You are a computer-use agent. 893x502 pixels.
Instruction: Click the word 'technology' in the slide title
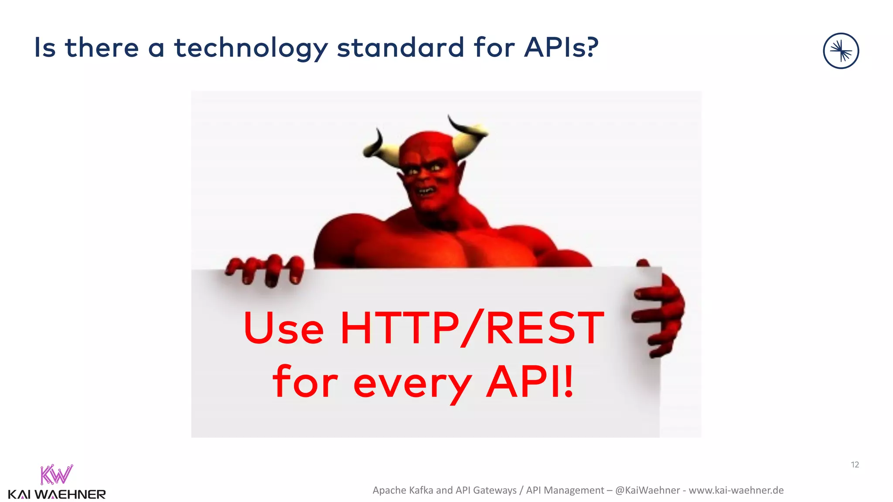[x=251, y=48]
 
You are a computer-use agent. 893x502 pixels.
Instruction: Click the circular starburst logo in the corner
[x=841, y=51]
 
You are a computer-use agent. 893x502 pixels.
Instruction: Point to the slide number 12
[x=855, y=465]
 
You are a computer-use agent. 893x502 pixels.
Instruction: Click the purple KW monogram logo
[x=56, y=475]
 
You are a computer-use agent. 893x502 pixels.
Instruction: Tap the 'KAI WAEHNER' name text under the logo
[x=57, y=495]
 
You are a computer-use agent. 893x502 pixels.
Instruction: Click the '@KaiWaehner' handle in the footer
[x=647, y=490]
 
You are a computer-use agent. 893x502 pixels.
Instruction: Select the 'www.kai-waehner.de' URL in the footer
[x=736, y=490]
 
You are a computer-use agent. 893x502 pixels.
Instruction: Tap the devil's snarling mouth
[x=426, y=190]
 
